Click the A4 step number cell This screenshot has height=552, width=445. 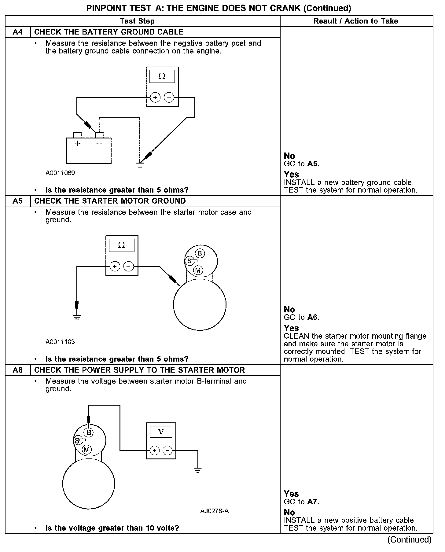click(x=18, y=32)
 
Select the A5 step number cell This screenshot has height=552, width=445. click(x=18, y=201)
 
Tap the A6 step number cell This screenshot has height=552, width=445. click(x=18, y=370)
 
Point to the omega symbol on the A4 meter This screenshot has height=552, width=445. click(x=162, y=76)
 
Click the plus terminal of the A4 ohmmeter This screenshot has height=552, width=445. click(x=155, y=98)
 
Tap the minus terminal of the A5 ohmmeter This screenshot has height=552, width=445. click(x=128, y=267)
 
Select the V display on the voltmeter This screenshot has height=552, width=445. click(x=161, y=432)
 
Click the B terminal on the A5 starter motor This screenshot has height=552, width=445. click(x=200, y=253)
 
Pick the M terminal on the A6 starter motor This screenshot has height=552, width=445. click(x=87, y=449)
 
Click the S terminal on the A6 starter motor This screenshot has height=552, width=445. click(x=77, y=440)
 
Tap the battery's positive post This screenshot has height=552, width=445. click(x=78, y=135)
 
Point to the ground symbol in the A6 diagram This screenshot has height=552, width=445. click(x=198, y=470)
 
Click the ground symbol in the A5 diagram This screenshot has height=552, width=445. click(x=77, y=316)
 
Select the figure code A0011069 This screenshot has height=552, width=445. click(x=60, y=173)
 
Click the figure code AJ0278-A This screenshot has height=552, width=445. click(x=215, y=511)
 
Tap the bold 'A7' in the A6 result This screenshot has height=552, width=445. click(x=312, y=502)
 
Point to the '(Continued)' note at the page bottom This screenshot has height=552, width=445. click(x=410, y=540)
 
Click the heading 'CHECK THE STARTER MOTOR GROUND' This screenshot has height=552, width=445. click(x=110, y=201)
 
